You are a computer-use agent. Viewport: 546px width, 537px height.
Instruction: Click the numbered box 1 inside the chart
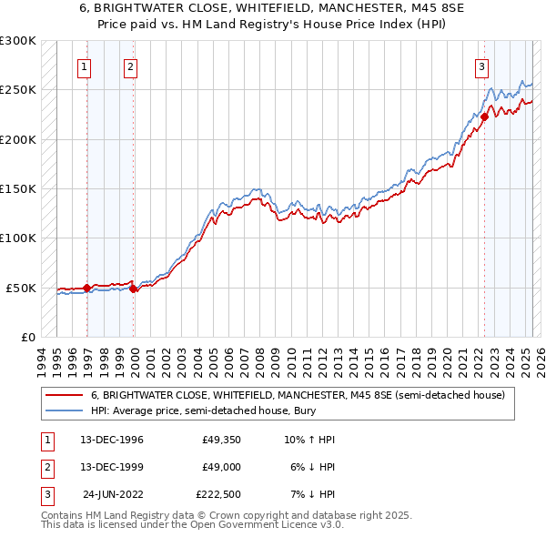coord(84,66)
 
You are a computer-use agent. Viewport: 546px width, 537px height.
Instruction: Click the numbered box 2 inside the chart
coord(131,66)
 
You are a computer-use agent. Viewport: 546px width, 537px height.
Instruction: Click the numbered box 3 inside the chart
coord(480,66)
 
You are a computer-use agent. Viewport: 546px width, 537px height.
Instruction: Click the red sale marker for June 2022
coord(485,117)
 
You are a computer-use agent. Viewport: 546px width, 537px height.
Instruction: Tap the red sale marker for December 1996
coord(87,288)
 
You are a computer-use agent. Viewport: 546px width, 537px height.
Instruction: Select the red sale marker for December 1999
coord(134,289)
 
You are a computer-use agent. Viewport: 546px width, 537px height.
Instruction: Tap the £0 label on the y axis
coord(26,337)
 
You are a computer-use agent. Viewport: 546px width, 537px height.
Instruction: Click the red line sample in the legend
coord(64,395)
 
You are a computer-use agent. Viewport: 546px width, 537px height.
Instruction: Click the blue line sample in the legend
coord(64,411)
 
